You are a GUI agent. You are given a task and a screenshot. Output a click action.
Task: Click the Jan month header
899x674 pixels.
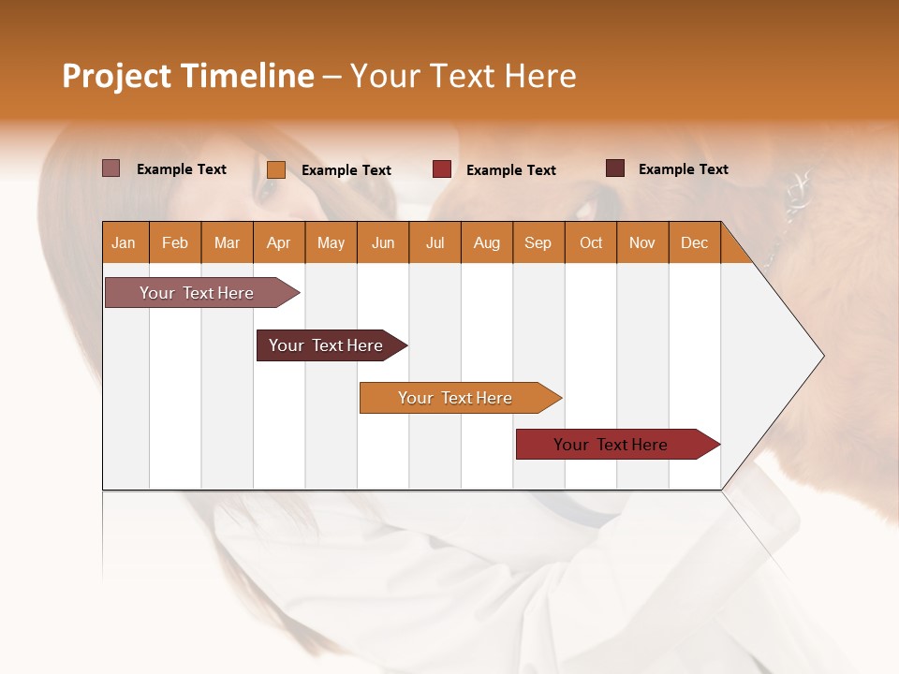pos(124,242)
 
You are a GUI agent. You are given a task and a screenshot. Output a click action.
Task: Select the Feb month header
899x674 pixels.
pos(175,242)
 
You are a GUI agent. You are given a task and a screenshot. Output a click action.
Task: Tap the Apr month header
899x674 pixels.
pos(278,242)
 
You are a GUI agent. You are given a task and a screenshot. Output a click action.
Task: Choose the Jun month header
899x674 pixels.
pos(383,242)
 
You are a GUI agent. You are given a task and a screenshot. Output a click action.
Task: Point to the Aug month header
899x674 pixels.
pos(486,242)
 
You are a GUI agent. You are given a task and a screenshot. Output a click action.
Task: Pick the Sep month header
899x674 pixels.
pos(538,242)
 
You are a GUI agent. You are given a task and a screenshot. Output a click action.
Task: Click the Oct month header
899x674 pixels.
pos(591,242)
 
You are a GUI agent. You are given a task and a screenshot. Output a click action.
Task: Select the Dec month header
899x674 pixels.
pos(694,242)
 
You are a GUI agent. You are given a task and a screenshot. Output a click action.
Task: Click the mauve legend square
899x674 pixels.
pos(111,168)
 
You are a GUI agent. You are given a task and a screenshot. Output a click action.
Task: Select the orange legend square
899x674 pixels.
pos(276,169)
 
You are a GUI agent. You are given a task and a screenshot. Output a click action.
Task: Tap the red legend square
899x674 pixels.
pos(442,169)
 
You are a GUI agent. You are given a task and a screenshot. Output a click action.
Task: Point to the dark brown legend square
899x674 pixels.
pos(615,168)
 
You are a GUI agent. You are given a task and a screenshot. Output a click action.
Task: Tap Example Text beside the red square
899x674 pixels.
pos(510,169)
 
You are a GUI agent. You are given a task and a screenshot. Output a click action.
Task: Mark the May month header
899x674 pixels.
pos(331,242)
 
